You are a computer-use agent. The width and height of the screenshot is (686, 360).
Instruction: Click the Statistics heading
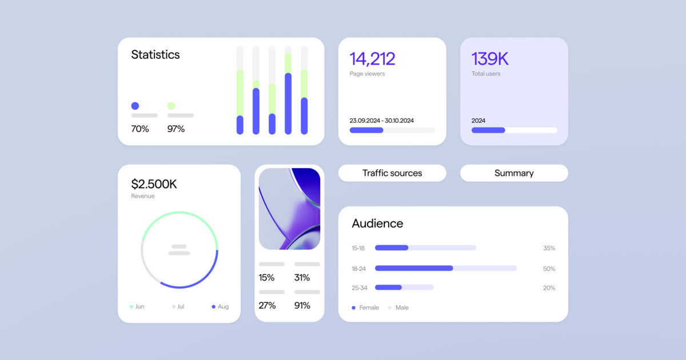tap(155, 55)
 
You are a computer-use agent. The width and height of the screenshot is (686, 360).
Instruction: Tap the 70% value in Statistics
tap(140, 129)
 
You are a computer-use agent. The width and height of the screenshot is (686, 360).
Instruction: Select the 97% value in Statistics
tap(176, 129)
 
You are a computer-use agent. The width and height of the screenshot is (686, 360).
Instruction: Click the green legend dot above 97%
tap(171, 106)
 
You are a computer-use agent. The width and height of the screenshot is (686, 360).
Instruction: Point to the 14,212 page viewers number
tap(372, 59)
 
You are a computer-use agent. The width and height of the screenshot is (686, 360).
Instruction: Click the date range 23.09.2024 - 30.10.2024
tap(381, 121)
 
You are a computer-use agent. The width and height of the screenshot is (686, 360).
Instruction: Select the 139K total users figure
tap(490, 59)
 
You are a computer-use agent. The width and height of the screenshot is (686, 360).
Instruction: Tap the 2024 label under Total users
tap(478, 121)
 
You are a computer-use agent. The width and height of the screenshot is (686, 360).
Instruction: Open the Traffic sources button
tap(392, 173)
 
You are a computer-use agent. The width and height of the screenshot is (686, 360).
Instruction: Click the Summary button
tap(514, 173)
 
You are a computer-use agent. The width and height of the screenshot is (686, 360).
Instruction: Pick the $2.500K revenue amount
tap(154, 184)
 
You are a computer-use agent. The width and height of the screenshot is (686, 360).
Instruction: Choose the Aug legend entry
tap(220, 307)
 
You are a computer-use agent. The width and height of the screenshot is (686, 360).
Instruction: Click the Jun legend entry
tap(137, 307)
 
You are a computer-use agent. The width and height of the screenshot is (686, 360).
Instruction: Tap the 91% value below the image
tap(302, 306)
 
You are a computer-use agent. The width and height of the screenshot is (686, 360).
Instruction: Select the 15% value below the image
tap(266, 278)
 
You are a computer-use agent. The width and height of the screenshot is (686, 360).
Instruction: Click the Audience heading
tap(377, 223)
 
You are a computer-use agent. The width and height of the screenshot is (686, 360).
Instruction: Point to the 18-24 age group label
tap(358, 268)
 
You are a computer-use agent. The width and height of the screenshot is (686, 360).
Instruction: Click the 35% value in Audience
tap(549, 248)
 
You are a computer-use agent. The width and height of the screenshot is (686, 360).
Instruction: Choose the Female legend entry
tap(365, 307)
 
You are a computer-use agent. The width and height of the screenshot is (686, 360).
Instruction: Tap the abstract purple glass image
tap(289, 209)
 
